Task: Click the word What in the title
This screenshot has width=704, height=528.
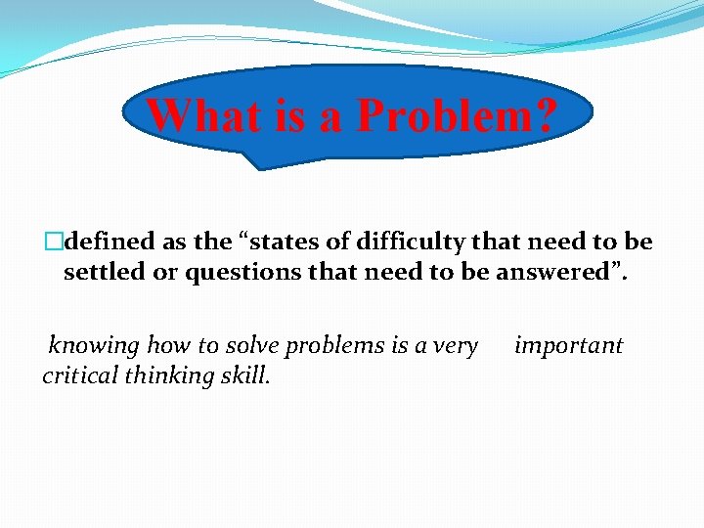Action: tap(200, 116)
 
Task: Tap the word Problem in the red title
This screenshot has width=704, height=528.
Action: tap(440, 116)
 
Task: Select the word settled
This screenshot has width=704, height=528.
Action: tap(104, 273)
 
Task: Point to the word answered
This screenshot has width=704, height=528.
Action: tap(564, 273)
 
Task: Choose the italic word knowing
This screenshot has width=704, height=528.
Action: tap(94, 345)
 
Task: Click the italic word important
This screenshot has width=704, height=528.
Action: tap(568, 345)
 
